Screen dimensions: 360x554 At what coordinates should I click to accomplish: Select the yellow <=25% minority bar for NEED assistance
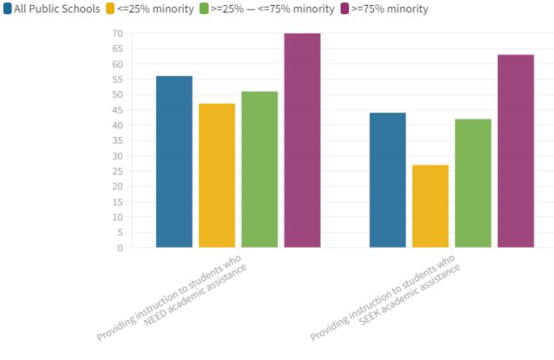(x=217, y=176)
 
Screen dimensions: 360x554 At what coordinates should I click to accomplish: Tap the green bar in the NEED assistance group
(x=259, y=170)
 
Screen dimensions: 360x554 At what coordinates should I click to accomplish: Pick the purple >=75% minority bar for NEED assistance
(x=302, y=140)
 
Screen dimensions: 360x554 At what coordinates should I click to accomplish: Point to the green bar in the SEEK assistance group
(x=473, y=183)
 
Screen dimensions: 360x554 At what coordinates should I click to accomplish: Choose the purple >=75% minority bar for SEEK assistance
(x=515, y=151)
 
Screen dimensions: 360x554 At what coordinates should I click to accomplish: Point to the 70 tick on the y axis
(x=117, y=33)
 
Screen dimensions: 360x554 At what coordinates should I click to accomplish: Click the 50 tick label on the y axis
(x=117, y=95)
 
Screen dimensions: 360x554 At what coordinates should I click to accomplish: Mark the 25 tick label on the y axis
(x=117, y=171)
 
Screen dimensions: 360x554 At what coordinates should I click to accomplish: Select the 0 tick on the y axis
(x=119, y=248)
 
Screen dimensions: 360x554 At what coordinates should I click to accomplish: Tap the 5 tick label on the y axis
(x=119, y=233)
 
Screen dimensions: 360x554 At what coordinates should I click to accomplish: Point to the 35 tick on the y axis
(x=117, y=141)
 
